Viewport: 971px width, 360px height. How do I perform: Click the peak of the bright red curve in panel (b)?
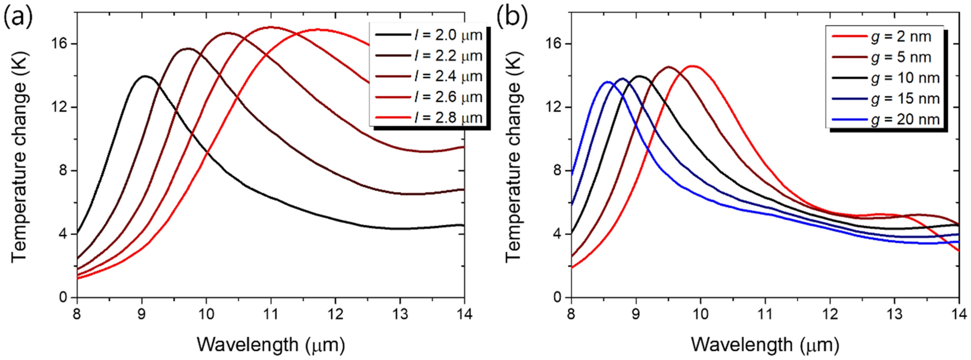coord(693,66)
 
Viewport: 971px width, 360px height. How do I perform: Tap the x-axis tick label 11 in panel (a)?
coord(271,314)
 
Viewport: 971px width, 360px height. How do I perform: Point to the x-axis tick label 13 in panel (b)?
coord(894,314)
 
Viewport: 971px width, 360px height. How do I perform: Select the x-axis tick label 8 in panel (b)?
coord(571,314)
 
